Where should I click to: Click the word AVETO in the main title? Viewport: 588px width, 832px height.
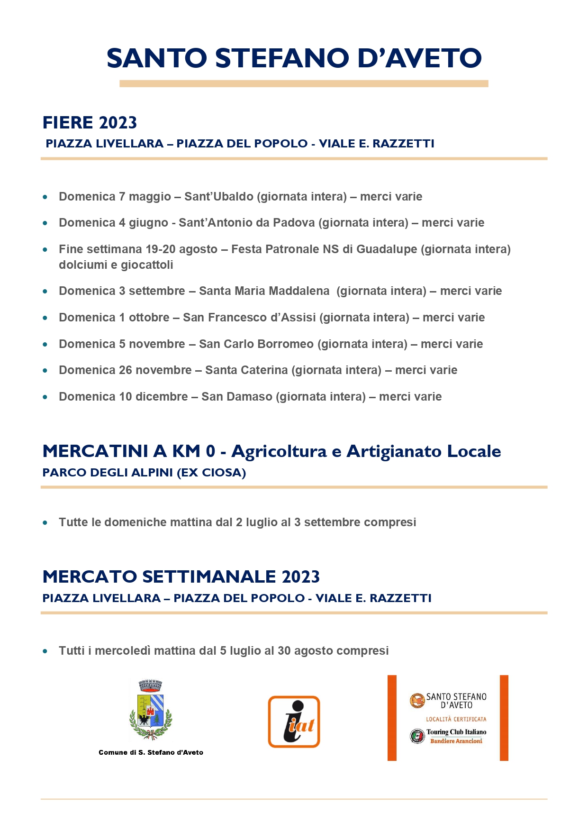434,58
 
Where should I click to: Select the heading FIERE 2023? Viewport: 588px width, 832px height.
90,123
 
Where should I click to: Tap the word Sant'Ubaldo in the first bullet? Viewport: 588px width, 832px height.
218,197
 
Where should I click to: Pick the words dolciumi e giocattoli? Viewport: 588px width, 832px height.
116,265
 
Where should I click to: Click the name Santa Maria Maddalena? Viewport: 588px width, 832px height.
264,291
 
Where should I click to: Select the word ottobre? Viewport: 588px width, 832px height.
149,318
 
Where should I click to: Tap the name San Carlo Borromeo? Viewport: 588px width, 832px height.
256,344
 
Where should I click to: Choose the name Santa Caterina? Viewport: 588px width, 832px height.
246,370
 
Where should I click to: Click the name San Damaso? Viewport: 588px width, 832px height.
236,397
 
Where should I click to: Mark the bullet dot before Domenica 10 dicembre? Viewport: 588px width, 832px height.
45,397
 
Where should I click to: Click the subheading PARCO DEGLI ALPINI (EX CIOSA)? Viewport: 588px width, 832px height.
144,473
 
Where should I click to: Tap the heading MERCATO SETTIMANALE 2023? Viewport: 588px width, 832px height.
181,577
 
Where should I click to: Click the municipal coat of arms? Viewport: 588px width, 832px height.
151,710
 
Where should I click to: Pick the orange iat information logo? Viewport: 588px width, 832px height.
294,722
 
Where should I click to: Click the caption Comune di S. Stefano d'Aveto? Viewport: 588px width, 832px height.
151,752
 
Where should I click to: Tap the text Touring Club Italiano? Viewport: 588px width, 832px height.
456,732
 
